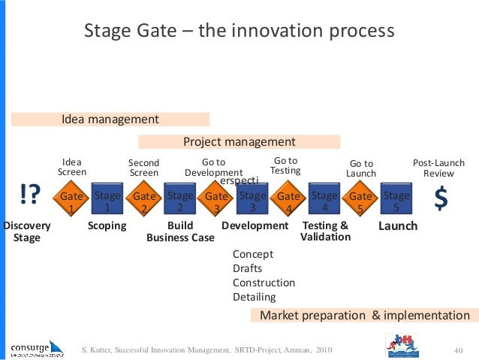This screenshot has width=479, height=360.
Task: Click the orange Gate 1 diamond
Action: coord(71,201)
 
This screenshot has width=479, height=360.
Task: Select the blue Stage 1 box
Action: coord(107,201)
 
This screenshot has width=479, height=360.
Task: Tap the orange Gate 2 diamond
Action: coord(143,201)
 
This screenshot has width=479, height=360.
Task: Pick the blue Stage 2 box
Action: coord(179,201)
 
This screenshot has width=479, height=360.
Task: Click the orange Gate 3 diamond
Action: coord(216,201)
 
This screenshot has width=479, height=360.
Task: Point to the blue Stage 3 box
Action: coord(252,201)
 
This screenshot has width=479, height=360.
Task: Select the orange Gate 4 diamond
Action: coord(288,201)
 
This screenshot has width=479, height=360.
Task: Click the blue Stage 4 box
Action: coord(324,201)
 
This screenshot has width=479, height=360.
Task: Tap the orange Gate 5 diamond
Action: coord(360,201)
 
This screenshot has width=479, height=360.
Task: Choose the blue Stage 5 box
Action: coord(396,201)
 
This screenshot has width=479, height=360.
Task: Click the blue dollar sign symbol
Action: coord(441,198)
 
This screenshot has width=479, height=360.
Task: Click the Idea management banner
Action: coord(110,119)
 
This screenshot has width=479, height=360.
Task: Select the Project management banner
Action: coord(239,141)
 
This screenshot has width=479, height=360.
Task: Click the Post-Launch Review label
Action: coord(439,168)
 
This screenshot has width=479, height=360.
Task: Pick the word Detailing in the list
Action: coord(255,297)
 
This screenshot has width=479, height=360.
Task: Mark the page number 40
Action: coord(459,349)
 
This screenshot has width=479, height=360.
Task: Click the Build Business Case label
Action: coord(180,231)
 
